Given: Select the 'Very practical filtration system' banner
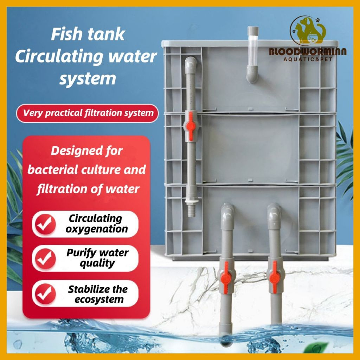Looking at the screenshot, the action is coord(88,113).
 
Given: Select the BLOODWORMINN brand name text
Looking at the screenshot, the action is coord(308,52).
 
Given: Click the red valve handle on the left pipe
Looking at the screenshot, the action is coord(190,128).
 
